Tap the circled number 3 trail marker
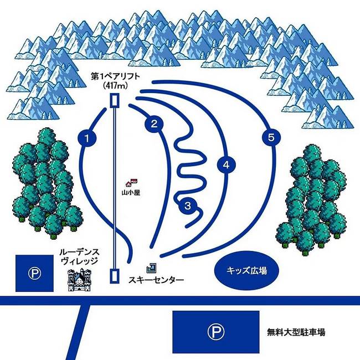pyautogui.click(x=188, y=206)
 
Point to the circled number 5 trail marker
pyautogui.click(x=270, y=138)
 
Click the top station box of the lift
pyautogui.click(x=114, y=100)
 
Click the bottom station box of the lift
pyautogui.click(x=114, y=275)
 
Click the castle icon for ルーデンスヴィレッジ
pyautogui.click(x=79, y=280)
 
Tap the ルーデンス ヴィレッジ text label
pyautogui.click(x=79, y=256)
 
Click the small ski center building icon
pyautogui.click(x=152, y=268)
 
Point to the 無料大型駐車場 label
pyautogui.click(x=295, y=332)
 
